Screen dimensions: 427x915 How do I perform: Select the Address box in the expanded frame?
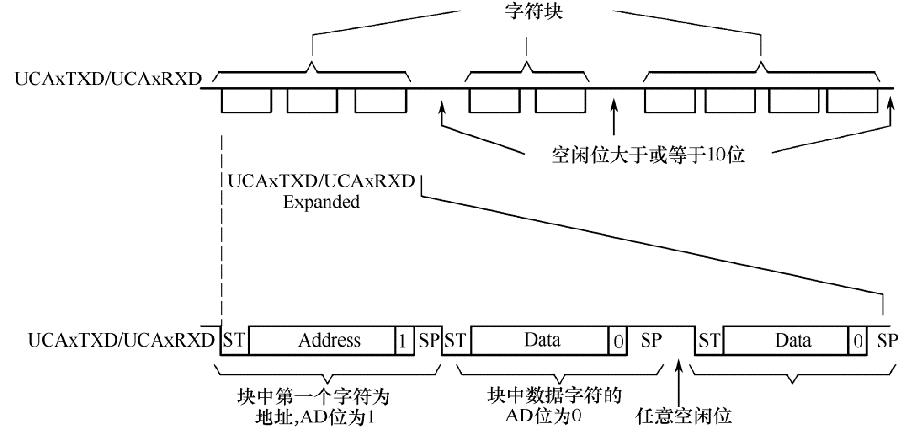[329, 340]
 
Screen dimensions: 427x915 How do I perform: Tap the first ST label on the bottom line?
[232, 340]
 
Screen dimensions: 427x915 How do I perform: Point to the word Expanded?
[321, 203]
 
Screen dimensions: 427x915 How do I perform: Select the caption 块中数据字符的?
[541, 396]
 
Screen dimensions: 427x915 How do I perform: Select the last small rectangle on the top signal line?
[852, 99]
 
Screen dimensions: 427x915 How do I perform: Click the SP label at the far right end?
[886, 340]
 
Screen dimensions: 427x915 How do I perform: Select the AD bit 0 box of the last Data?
[859, 340]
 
